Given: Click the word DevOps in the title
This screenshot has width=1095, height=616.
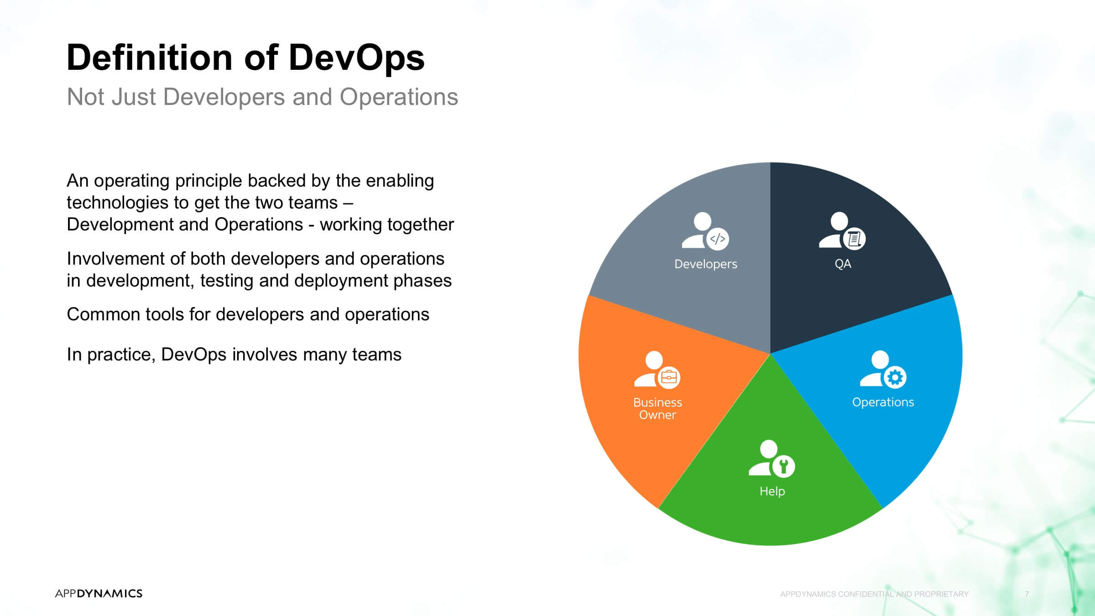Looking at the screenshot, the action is [356, 57].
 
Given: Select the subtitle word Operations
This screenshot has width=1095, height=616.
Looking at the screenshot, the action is [399, 97].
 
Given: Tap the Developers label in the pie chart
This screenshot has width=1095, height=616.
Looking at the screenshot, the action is [706, 264].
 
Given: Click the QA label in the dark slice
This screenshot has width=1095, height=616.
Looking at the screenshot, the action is [843, 264].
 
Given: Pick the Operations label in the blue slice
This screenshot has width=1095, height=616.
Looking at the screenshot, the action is [883, 402].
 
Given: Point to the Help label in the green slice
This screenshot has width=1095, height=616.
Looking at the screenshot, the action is [772, 491].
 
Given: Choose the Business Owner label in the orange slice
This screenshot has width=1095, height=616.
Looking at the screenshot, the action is [657, 408].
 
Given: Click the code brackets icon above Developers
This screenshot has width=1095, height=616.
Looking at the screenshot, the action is [718, 239].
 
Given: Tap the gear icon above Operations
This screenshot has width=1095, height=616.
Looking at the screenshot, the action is [895, 377].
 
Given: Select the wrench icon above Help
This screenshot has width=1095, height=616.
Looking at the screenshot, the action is [784, 466].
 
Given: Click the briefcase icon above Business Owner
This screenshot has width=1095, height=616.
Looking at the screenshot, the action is [669, 378].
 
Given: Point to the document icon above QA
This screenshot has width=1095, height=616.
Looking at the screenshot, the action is [854, 239].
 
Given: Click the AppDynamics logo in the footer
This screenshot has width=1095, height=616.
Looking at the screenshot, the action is [99, 593].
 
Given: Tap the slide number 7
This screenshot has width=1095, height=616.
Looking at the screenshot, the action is [1027, 594].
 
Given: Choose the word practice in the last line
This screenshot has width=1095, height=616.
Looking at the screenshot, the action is [121, 355].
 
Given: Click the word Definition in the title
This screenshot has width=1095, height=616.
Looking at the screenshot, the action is [150, 57].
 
